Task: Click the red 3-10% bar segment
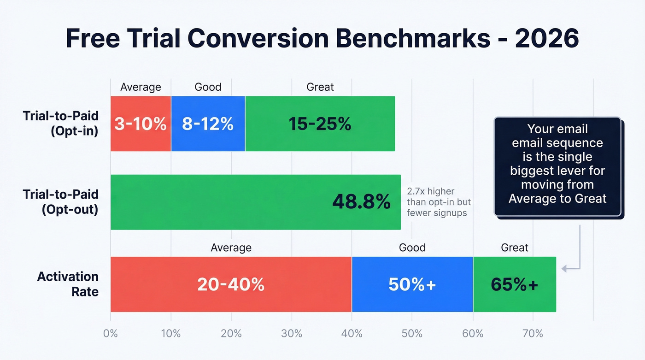click(x=141, y=124)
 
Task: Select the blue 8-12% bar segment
click(x=208, y=124)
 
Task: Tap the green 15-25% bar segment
click(x=320, y=124)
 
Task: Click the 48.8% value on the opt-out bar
click(x=361, y=202)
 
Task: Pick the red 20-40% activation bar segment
click(x=231, y=284)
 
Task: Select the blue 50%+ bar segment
click(x=412, y=284)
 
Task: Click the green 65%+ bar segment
click(x=514, y=284)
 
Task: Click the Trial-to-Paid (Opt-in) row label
click(x=60, y=124)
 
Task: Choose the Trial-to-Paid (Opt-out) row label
click(x=60, y=202)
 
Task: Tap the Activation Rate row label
click(x=68, y=284)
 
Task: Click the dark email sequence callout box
click(x=557, y=166)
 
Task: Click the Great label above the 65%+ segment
click(x=514, y=248)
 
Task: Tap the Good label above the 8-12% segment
click(x=208, y=87)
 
